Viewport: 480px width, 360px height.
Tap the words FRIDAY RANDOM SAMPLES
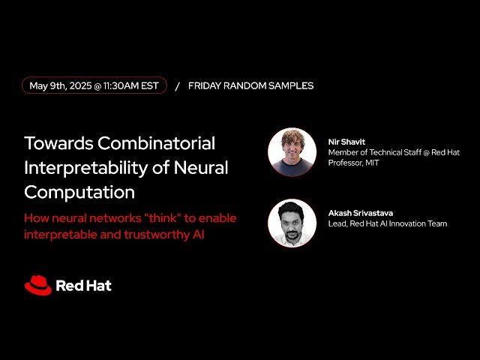pos(250,85)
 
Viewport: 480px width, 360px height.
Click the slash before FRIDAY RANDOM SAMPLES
pos(177,85)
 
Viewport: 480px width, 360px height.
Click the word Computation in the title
pos(79,192)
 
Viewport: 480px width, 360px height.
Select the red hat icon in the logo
pos(37,285)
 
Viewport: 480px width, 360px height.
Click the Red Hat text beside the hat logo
pos(83,286)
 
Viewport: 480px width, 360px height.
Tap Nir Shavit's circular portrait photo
pos(292,151)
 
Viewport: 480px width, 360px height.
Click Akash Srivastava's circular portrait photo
pos(292,223)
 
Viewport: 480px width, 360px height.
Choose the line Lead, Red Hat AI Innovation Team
pos(387,223)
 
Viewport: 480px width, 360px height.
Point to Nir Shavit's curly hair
pos(292,136)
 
